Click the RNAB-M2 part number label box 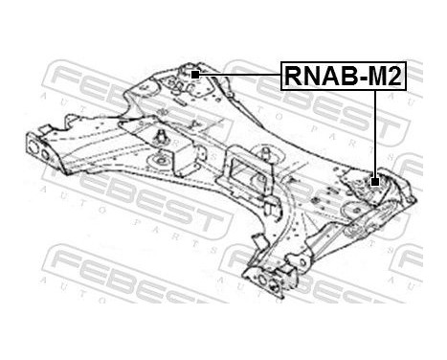coord(342,75)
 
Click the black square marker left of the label coord(194,74)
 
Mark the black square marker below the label coord(376,179)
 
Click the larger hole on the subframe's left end coord(31,150)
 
